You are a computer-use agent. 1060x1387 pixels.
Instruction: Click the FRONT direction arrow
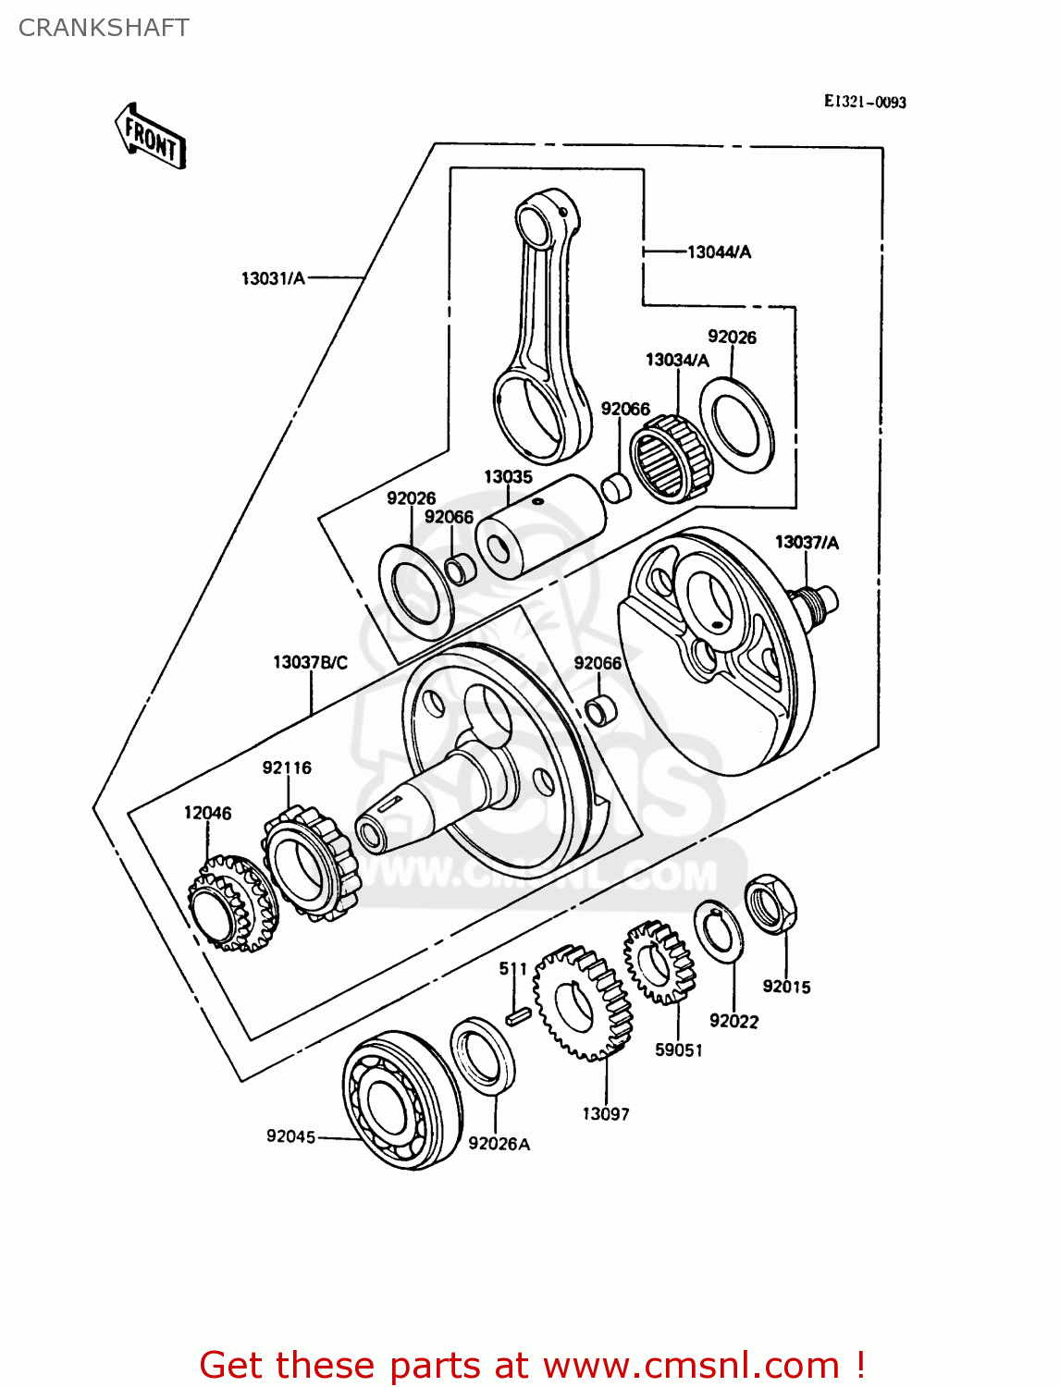(150, 137)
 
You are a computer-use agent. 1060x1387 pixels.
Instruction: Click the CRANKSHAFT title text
(104, 28)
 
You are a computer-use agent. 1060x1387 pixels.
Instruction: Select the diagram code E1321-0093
(865, 102)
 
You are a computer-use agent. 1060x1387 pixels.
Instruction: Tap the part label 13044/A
(719, 252)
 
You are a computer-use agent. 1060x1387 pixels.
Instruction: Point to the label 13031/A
(273, 278)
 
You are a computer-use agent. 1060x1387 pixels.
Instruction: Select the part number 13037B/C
(310, 663)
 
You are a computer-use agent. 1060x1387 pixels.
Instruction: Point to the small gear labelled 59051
(658, 963)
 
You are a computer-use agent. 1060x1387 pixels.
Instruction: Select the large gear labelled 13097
(583, 1003)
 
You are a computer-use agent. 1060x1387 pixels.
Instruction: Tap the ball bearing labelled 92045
(401, 1099)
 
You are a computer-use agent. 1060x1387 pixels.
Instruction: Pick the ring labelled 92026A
(483, 1056)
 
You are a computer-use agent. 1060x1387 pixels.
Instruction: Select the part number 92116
(287, 767)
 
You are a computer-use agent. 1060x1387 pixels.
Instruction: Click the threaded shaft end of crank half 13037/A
(819, 601)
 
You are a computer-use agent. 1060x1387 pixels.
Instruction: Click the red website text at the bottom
(532, 1365)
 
